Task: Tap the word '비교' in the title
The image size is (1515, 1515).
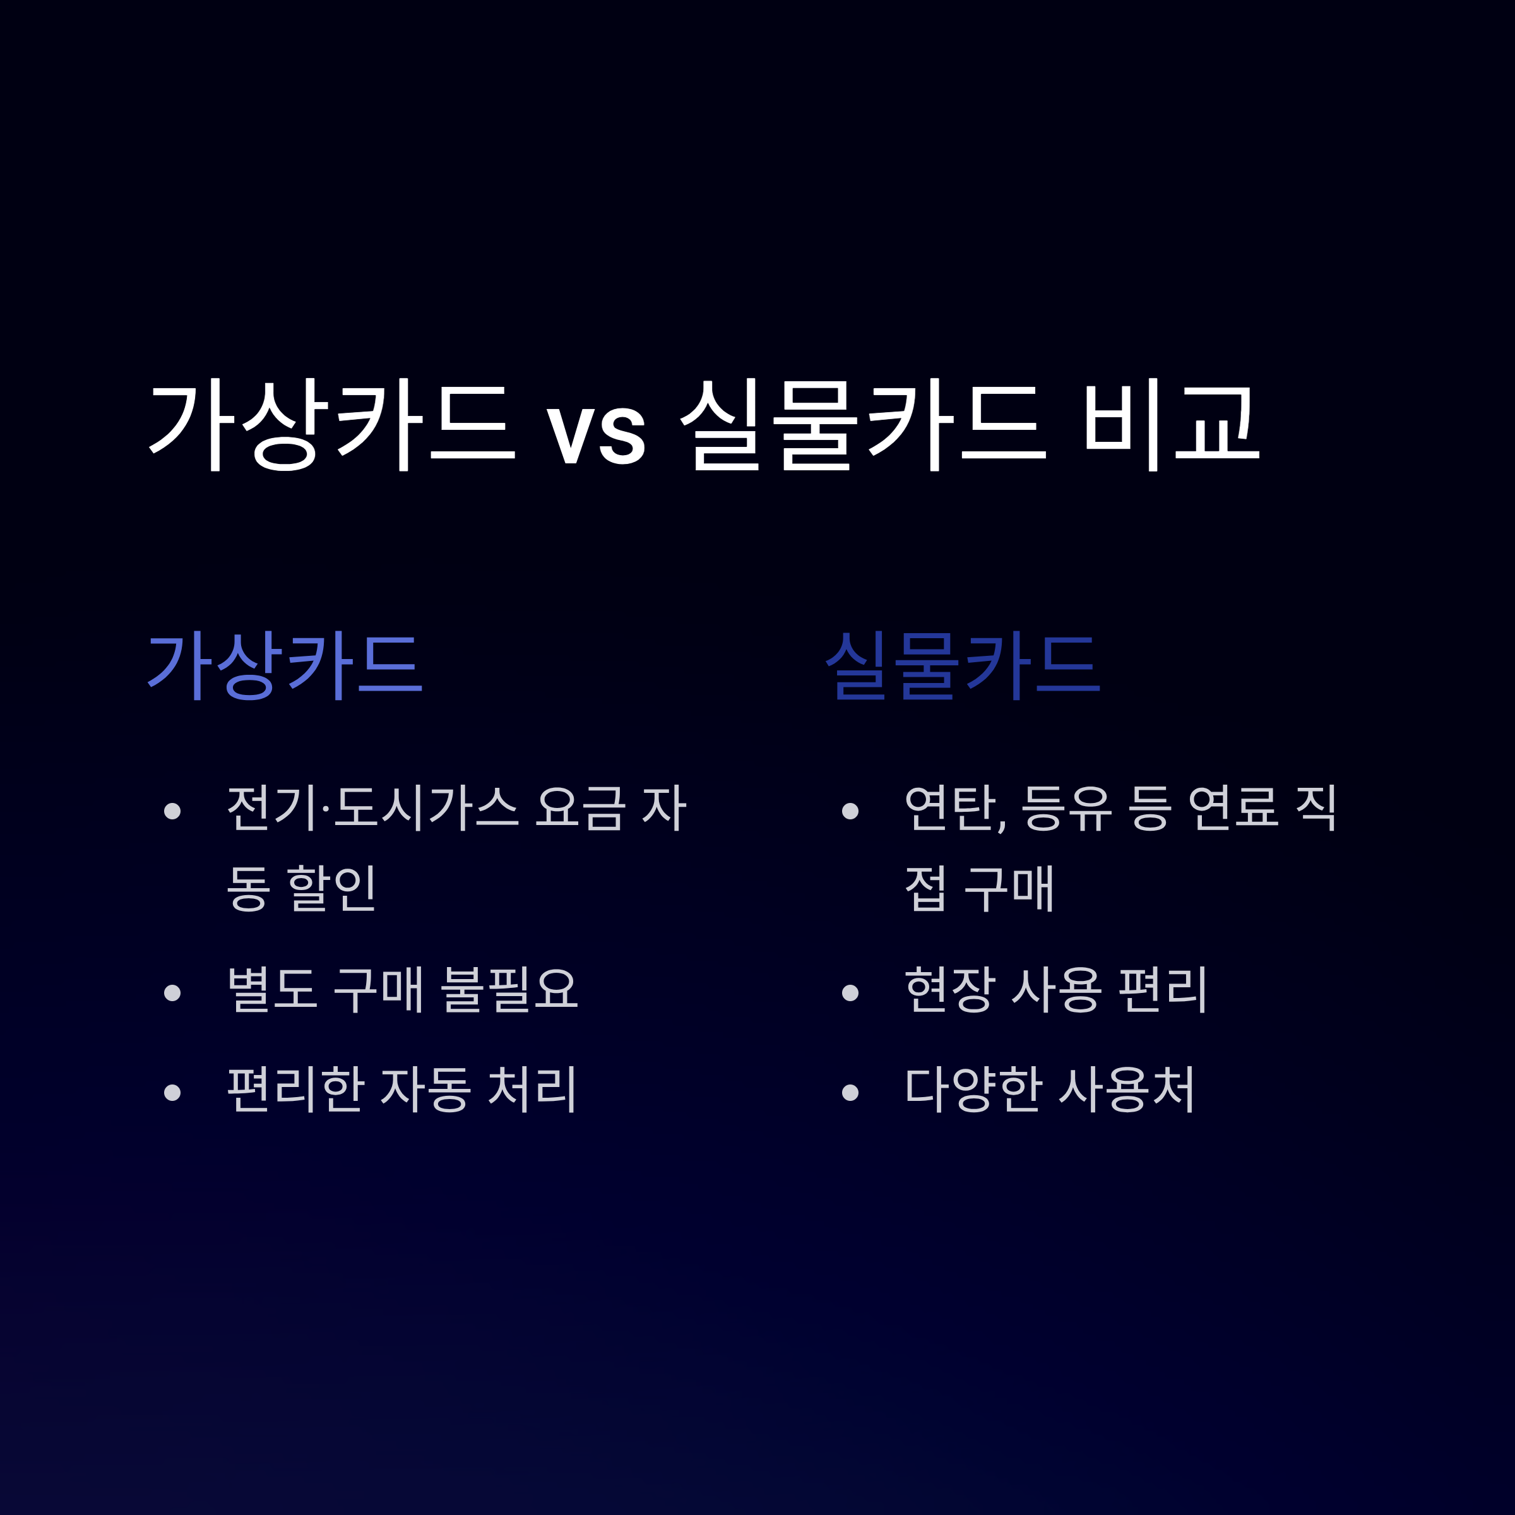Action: [x=1172, y=424]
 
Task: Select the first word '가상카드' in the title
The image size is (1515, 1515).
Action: [x=331, y=424]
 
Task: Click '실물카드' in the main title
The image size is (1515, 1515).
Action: [x=862, y=424]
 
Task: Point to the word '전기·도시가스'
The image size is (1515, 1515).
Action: [x=372, y=808]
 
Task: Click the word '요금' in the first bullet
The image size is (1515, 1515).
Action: [x=580, y=808]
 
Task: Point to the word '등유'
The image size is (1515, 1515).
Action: [x=1066, y=808]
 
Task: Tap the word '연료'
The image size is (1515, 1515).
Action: [x=1233, y=808]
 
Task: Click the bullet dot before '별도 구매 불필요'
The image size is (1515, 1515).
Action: [x=172, y=993]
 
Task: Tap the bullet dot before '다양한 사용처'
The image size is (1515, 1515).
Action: [x=850, y=1092]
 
